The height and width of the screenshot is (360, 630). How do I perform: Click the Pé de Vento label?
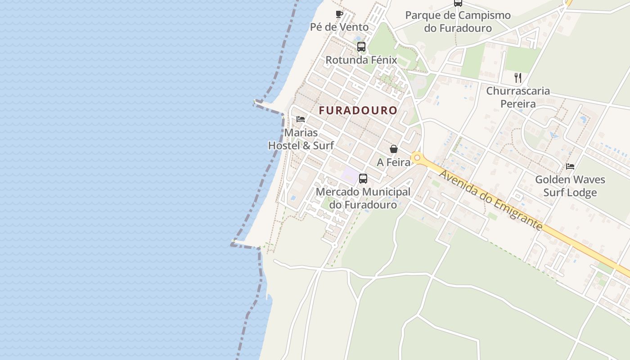coord(339,27)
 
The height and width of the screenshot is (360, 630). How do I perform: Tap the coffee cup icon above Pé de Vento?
coord(339,14)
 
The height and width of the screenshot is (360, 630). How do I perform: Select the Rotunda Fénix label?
coord(361,60)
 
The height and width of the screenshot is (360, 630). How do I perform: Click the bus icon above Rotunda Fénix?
coord(361,46)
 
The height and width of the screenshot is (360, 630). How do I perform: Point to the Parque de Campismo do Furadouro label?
coord(458,22)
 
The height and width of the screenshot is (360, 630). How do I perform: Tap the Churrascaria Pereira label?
coord(518,97)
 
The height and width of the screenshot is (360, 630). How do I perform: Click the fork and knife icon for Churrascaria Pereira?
coord(518,78)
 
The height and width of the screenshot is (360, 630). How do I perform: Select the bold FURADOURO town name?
coord(358,110)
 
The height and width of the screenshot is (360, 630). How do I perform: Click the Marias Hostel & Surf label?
coord(301,139)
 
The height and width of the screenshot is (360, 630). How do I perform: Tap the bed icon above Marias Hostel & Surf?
coord(301,119)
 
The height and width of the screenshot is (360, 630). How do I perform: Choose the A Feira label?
coord(393,162)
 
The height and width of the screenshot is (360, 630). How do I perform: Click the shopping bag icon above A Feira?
coord(394,149)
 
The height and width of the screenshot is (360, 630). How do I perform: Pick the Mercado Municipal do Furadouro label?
coord(363,198)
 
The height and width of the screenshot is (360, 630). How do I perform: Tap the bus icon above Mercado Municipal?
coord(363,179)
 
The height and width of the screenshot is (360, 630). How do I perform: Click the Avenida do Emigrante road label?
coord(490,200)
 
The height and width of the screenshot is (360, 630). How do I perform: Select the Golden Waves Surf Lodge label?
coord(570,186)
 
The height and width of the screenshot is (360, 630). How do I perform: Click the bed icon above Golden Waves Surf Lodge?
coord(570,166)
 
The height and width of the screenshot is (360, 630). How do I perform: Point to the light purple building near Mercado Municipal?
coord(349,175)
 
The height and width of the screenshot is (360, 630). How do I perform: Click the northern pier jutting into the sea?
coord(268,106)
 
